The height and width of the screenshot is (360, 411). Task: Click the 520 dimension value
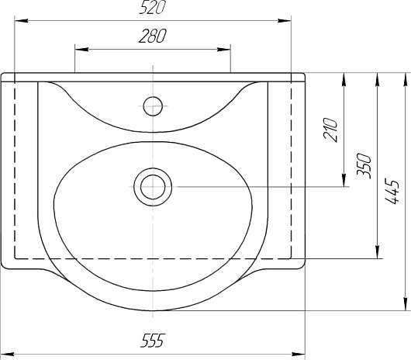tap(152, 7)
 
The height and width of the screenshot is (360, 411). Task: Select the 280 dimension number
tap(152, 36)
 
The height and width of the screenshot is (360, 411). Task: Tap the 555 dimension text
tap(153, 341)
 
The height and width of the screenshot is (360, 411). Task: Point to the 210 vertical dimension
tap(330, 130)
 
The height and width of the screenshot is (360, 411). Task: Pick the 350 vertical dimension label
tap(364, 166)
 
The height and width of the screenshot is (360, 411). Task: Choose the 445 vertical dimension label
tap(392, 191)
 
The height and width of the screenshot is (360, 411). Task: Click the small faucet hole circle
tap(153, 106)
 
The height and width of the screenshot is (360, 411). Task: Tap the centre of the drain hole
tap(153, 187)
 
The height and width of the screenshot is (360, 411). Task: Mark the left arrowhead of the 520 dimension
tap(21, 20)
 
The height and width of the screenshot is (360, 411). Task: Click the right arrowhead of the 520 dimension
tap(285, 20)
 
